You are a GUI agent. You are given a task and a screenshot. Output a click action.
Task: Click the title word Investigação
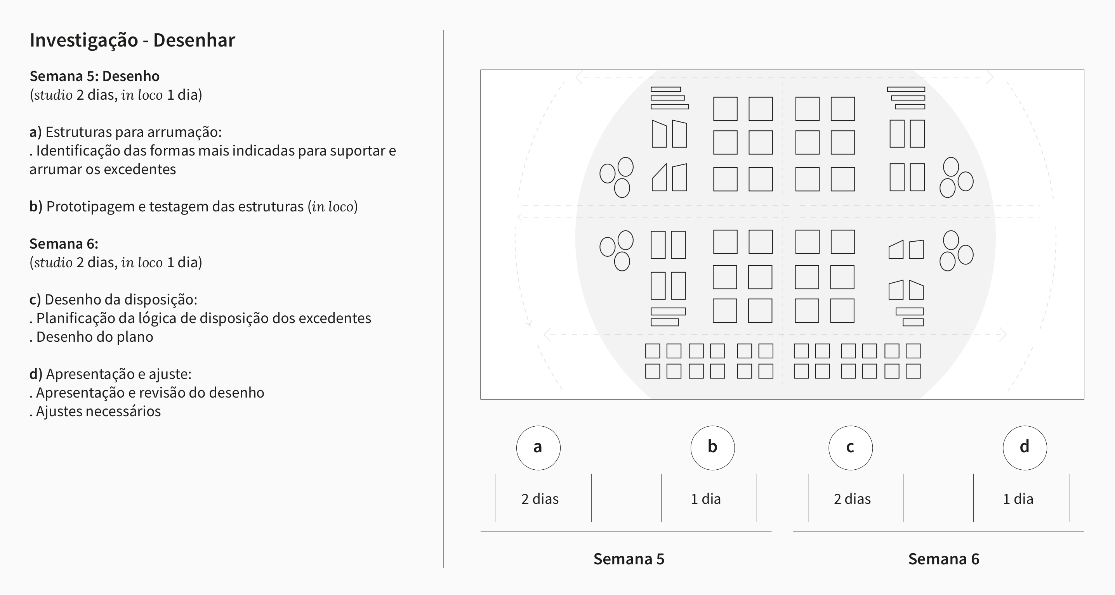pyautogui.click(x=83, y=41)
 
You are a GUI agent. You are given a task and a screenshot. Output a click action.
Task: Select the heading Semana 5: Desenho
pyautogui.click(x=94, y=76)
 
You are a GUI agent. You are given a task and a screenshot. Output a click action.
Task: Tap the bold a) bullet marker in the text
pyautogui.click(x=35, y=132)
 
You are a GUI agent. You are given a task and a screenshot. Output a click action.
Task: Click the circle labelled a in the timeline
pyautogui.click(x=538, y=448)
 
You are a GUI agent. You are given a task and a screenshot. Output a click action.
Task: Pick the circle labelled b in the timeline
pyautogui.click(x=712, y=448)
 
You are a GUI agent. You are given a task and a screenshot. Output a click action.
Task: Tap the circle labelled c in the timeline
pyautogui.click(x=851, y=448)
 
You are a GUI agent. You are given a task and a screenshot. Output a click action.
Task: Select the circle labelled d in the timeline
pyautogui.click(x=1025, y=448)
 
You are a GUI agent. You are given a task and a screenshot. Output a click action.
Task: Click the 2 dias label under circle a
pyautogui.click(x=540, y=499)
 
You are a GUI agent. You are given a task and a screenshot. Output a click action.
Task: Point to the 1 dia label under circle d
pyautogui.click(x=1018, y=499)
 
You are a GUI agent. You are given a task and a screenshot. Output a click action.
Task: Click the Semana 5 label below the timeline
pyautogui.click(x=629, y=559)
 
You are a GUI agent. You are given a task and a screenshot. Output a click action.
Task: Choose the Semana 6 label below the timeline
pyautogui.click(x=943, y=559)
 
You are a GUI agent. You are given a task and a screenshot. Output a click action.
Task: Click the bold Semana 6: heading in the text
pyautogui.click(x=64, y=244)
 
